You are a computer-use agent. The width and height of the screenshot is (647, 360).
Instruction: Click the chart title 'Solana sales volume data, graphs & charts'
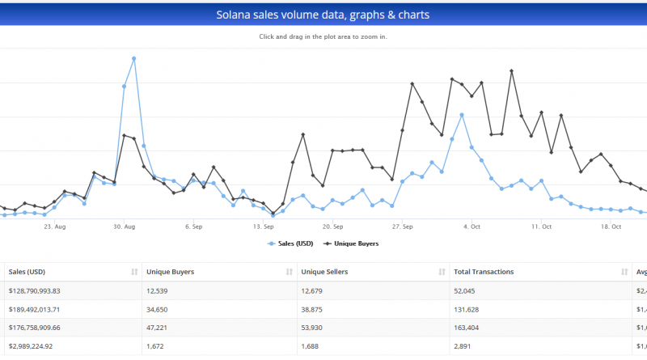pyautogui.click(x=323, y=15)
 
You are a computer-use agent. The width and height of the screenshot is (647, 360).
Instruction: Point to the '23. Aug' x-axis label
pyautogui.click(x=54, y=227)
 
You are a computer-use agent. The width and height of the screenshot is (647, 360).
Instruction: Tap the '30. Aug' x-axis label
pyautogui.click(x=124, y=227)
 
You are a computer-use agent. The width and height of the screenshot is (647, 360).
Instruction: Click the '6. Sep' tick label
pyautogui.click(x=192, y=227)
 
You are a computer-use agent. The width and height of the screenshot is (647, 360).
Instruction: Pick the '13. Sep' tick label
pyautogui.click(x=263, y=227)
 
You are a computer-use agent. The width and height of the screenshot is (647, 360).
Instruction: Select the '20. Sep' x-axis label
pyautogui.click(x=332, y=227)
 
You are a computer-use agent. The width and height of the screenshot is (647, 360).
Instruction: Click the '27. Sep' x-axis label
pyautogui.click(x=402, y=227)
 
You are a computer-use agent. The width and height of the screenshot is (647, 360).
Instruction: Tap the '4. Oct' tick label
pyautogui.click(x=472, y=227)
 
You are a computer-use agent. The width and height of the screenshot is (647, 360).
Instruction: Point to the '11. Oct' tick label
pyautogui.click(x=541, y=227)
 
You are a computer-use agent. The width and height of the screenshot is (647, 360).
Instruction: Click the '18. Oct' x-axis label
pyautogui.click(x=611, y=227)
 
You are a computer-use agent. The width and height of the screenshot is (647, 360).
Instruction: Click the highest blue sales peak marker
pyautogui.click(x=133, y=59)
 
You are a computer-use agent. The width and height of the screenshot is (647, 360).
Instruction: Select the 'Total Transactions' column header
pyautogui.click(x=484, y=272)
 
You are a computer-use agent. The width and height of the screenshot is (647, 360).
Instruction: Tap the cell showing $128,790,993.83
pyautogui.click(x=45, y=290)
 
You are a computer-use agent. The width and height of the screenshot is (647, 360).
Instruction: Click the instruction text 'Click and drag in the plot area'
pyautogui.click(x=323, y=37)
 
